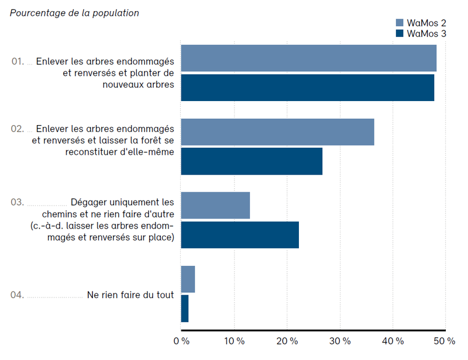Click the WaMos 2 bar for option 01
(x=308, y=58)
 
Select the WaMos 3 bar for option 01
(x=307, y=88)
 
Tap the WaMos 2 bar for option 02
(x=277, y=131)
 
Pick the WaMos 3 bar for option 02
(x=252, y=161)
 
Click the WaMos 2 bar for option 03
(x=215, y=205)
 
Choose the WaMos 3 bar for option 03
(x=240, y=234)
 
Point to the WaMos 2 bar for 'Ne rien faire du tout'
(x=188, y=279)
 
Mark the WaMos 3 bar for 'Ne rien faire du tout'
(x=185, y=309)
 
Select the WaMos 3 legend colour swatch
(x=400, y=34)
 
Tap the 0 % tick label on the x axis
(x=181, y=341)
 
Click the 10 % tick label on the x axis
(x=234, y=341)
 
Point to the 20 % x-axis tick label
(x=287, y=341)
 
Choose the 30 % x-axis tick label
(x=339, y=341)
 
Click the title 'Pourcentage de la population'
(x=74, y=13)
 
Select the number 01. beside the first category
(x=18, y=61)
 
